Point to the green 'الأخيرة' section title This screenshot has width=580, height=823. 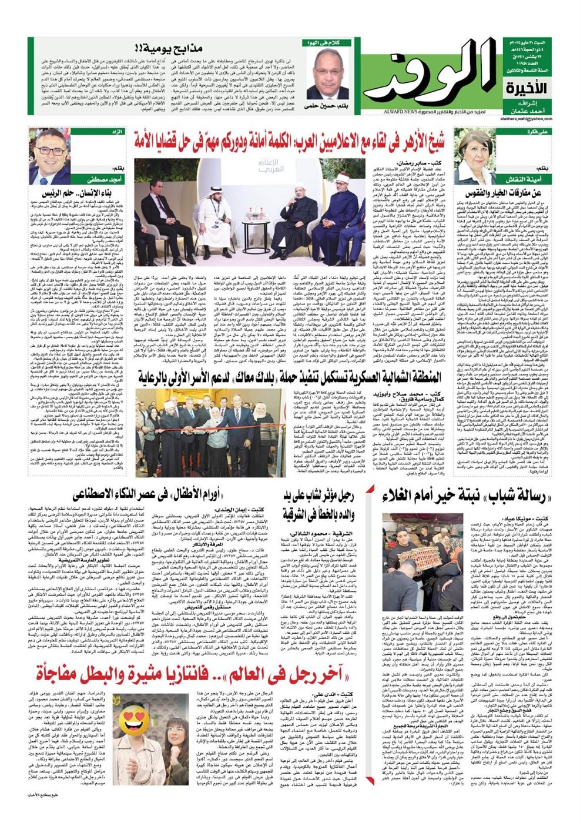(x=526, y=89)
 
